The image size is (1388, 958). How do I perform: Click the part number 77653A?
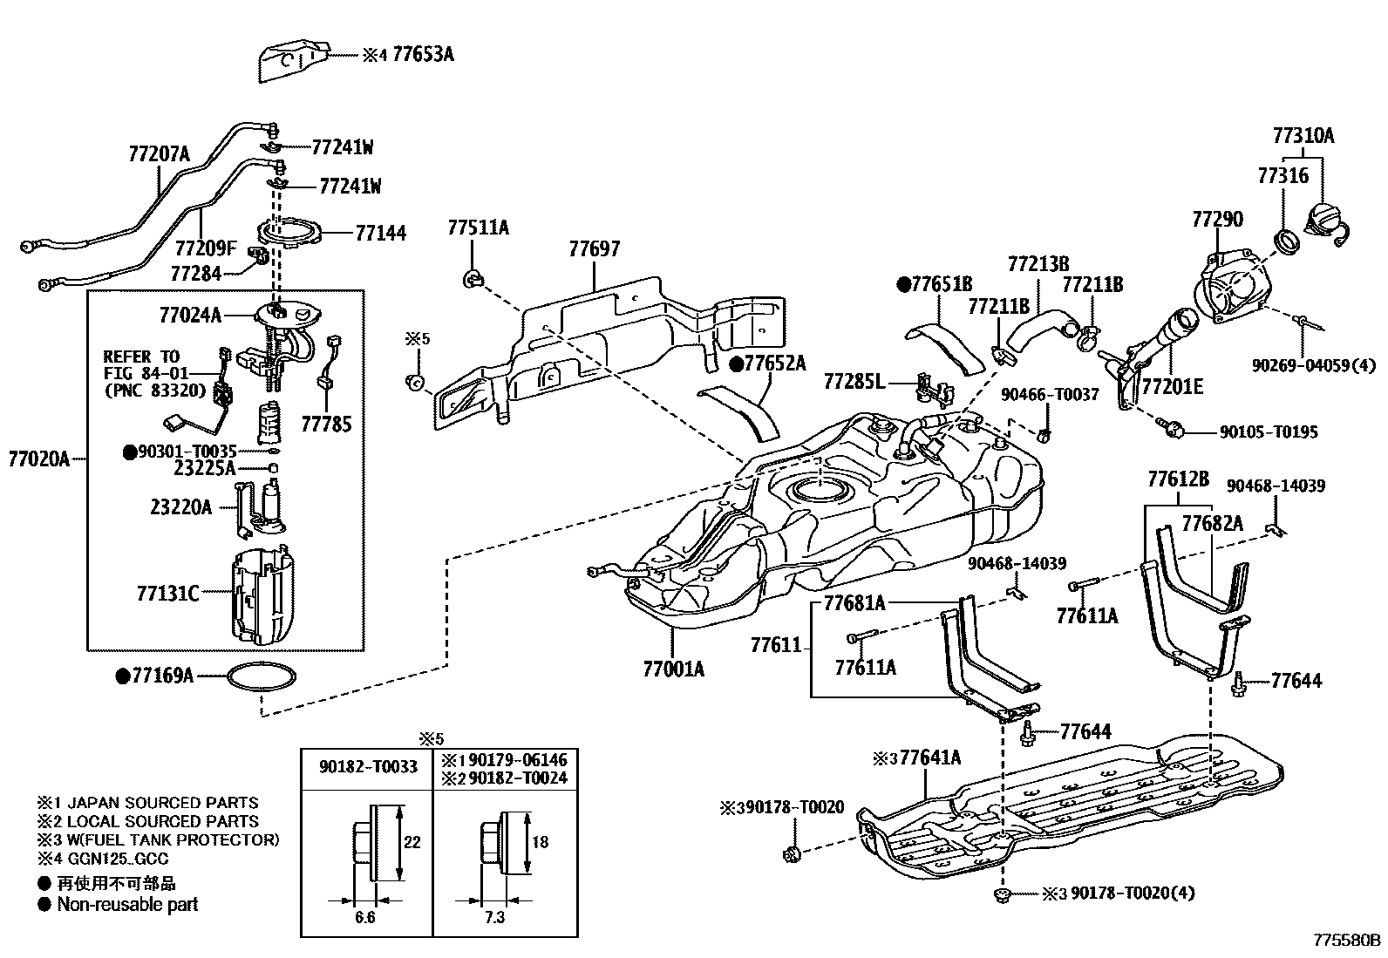click(423, 55)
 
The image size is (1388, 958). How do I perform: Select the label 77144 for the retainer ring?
click(380, 233)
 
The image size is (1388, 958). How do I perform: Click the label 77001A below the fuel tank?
click(673, 669)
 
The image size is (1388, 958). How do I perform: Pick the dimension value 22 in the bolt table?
click(412, 842)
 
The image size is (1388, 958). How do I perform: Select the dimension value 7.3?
click(493, 918)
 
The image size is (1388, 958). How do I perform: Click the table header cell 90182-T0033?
click(367, 767)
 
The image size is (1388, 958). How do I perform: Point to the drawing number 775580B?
click(1348, 941)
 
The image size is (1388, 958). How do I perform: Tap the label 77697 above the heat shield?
click(595, 249)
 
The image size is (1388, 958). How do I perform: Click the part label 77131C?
click(168, 594)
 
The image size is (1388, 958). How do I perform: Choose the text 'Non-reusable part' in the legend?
click(127, 905)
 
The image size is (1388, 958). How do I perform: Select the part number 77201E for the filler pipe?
click(1173, 386)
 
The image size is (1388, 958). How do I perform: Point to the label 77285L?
click(854, 381)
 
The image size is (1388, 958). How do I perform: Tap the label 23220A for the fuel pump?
click(180, 506)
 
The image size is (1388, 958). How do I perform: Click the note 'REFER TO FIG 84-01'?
click(141, 365)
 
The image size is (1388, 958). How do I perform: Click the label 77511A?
click(479, 228)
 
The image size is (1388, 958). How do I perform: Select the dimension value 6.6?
click(365, 918)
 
